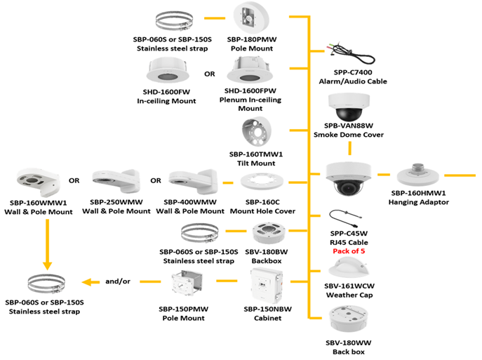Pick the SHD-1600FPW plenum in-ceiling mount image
250,74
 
